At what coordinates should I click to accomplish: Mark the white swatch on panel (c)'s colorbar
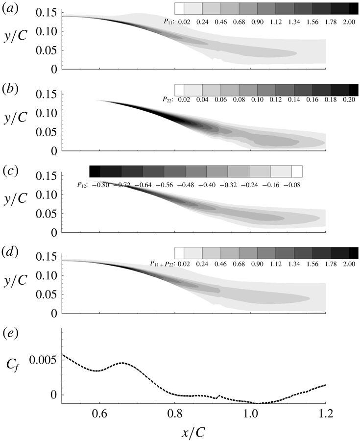[297, 171]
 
